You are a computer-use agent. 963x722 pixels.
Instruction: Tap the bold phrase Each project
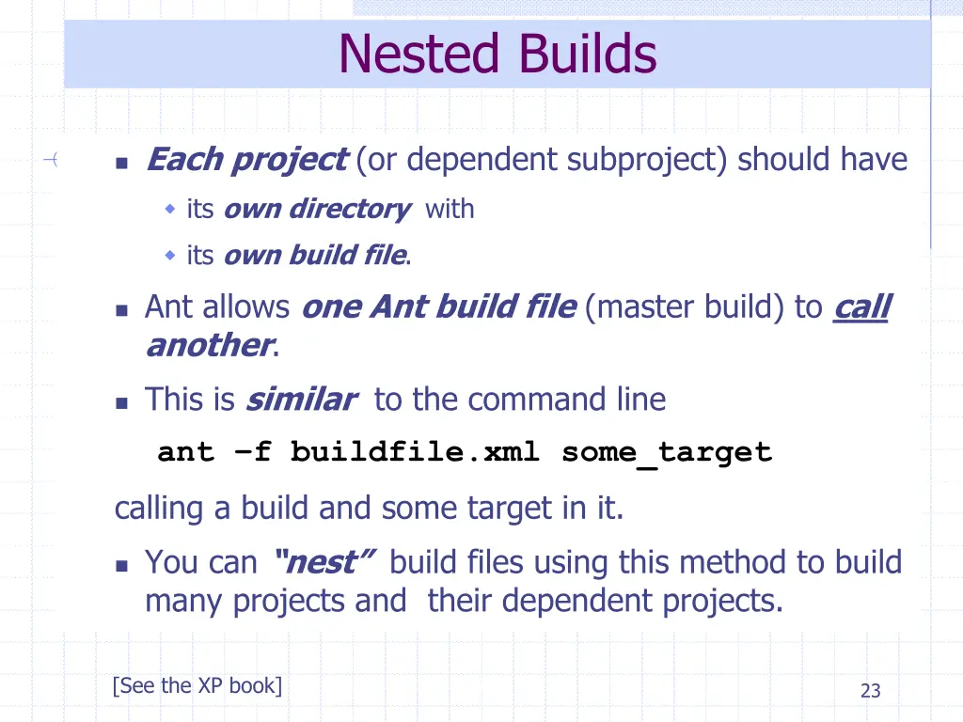pos(246,160)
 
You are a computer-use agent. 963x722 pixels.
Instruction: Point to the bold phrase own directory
pos(316,209)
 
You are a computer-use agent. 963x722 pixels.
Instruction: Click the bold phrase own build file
pos(314,255)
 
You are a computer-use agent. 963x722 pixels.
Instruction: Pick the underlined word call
pos(860,306)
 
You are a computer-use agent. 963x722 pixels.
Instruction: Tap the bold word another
pos(209,345)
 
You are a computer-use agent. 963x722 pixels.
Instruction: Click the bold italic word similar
pos(300,400)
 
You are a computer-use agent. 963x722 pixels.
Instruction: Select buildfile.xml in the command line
pos(415,452)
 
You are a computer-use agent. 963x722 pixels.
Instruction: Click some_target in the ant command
pos(667,452)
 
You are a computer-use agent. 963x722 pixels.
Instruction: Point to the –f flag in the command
pos(252,452)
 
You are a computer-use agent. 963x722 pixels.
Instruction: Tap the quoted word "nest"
pos(324,562)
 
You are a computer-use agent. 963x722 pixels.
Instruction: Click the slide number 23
pos(871,691)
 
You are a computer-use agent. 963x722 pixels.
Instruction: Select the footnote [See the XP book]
pos(197,685)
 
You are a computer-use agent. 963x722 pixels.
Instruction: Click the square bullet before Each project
pos(121,163)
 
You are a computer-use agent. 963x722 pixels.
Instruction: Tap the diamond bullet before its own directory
pos(170,209)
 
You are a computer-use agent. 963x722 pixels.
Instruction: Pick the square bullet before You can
pos(121,566)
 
